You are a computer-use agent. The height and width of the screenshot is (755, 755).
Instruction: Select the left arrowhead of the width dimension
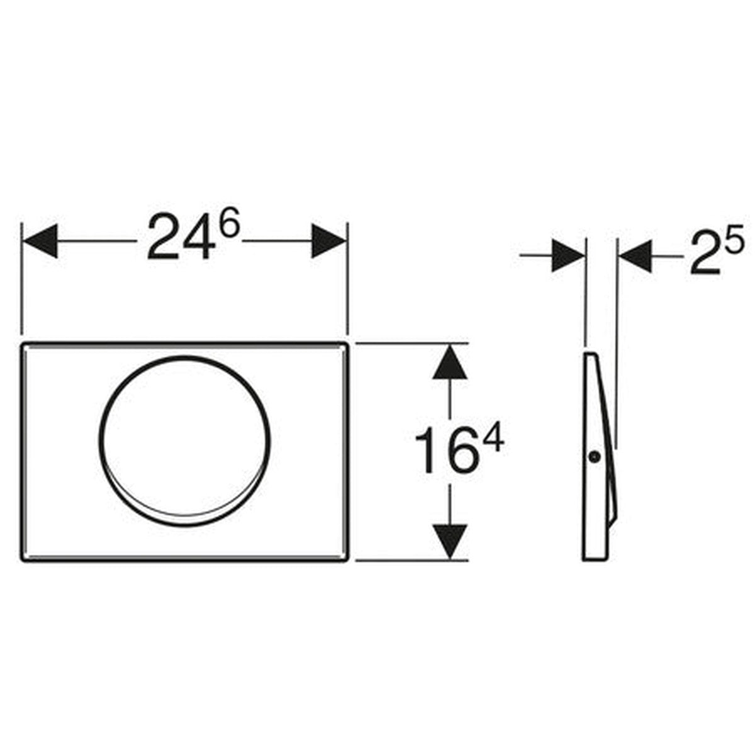point(40,241)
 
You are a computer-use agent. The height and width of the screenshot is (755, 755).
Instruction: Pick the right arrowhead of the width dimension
point(328,241)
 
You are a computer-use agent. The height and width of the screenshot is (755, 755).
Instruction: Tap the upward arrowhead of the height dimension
point(449,361)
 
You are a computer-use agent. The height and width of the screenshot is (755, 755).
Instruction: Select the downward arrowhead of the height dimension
point(449,542)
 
